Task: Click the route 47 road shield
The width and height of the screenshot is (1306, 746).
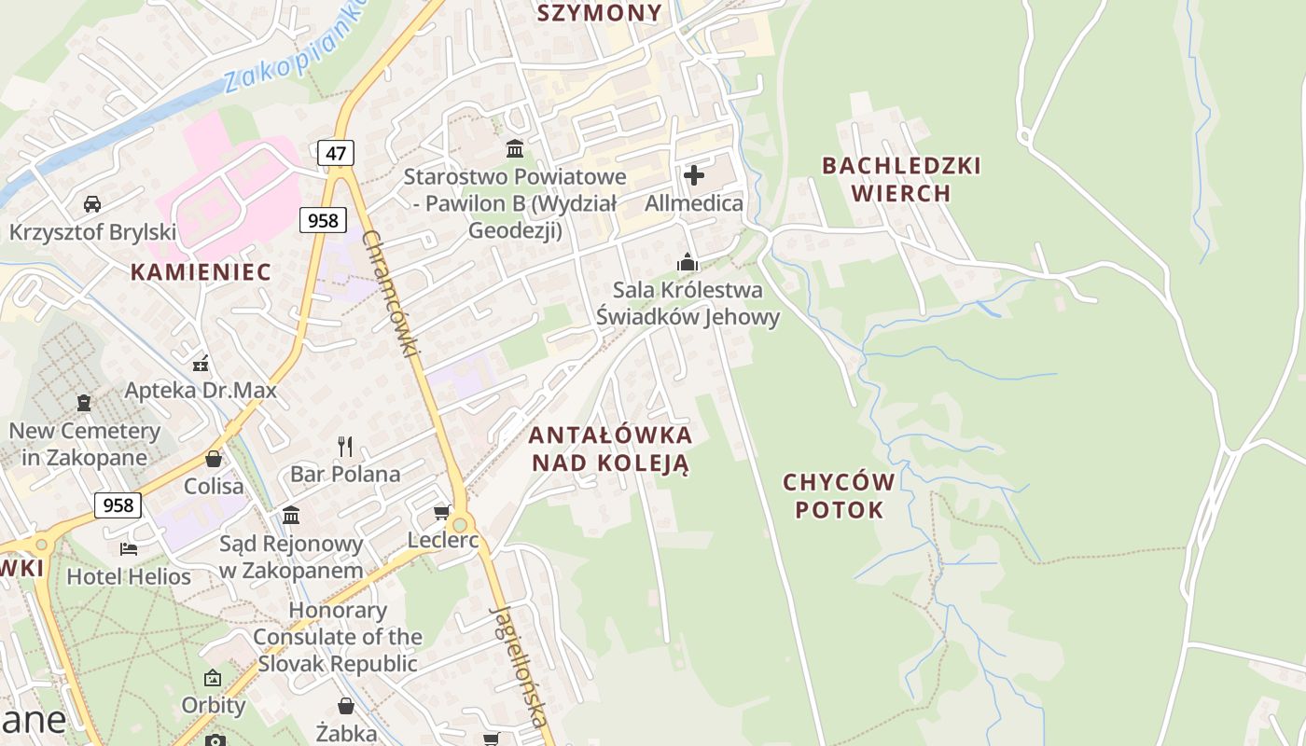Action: coord(336,152)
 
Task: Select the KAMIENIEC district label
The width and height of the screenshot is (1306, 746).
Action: coord(201,272)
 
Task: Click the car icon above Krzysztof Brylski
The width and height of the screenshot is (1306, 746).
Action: coord(91,204)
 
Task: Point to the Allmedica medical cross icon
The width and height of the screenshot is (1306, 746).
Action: coord(694,174)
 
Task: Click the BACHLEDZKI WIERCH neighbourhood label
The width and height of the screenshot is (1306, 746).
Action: coord(901,179)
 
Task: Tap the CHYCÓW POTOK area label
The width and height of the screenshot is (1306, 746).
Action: coord(838,496)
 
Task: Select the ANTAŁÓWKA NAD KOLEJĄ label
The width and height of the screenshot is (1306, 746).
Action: coord(610,449)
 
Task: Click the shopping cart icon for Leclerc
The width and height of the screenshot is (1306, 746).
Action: coord(442,513)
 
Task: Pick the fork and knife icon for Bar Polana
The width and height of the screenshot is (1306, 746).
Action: coord(345,446)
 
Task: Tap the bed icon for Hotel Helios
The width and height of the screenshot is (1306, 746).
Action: coord(129,548)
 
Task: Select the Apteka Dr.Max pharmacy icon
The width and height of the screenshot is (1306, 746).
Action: coord(201,363)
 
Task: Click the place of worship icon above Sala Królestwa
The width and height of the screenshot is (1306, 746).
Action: coord(688,262)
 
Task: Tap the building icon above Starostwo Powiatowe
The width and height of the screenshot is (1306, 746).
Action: coord(514,148)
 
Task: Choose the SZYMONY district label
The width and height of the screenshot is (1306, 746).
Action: coord(600,13)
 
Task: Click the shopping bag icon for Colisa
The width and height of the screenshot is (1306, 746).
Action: coord(214,459)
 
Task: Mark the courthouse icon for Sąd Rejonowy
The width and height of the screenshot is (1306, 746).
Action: coord(291,515)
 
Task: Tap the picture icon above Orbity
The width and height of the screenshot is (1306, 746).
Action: coord(213,678)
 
